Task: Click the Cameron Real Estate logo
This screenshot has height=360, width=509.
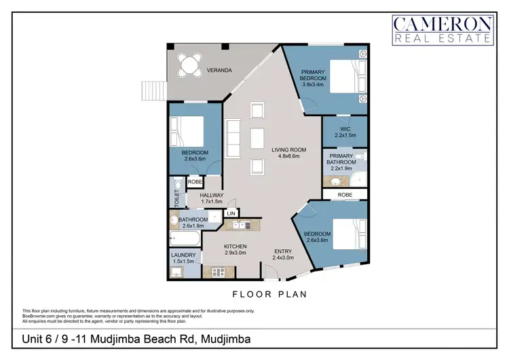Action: click(x=442, y=30)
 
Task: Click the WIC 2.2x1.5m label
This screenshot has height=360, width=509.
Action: click(x=345, y=132)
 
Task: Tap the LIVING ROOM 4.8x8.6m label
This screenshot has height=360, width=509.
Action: click(x=289, y=154)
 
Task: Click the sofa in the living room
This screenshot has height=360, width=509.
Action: click(x=233, y=138)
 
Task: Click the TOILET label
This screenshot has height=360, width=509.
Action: click(x=176, y=198)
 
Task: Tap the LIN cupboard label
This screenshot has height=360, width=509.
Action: click(x=231, y=213)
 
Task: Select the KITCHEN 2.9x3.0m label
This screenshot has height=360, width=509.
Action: click(x=236, y=249)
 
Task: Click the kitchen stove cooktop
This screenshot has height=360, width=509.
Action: click(x=219, y=272)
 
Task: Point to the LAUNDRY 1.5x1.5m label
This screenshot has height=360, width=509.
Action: click(x=183, y=259)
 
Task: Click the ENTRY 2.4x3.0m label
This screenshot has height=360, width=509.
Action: click(x=283, y=255)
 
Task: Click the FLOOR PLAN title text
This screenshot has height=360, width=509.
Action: click(x=270, y=295)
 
